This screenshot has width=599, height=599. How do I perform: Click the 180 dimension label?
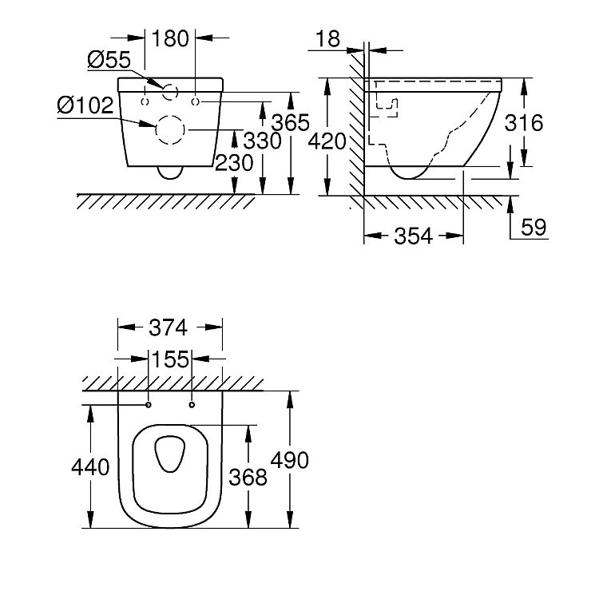click(x=170, y=38)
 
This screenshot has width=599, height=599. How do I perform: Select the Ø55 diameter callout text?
click(x=109, y=60)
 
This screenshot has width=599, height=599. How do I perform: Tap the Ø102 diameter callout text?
click(x=85, y=105)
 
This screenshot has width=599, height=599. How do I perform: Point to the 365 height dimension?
click(x=291, y=123)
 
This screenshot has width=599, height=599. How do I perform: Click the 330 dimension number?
click(x=263, y=141)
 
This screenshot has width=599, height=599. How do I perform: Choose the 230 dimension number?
click(x=234, y=163)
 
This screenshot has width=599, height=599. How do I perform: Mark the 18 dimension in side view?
click(x=327, y=38)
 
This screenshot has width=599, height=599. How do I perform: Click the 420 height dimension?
click(x=327, y=141)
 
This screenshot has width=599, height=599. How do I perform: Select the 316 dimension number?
click(x=524, y=123)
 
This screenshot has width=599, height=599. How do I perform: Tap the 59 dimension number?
click(x=534, y=228)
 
